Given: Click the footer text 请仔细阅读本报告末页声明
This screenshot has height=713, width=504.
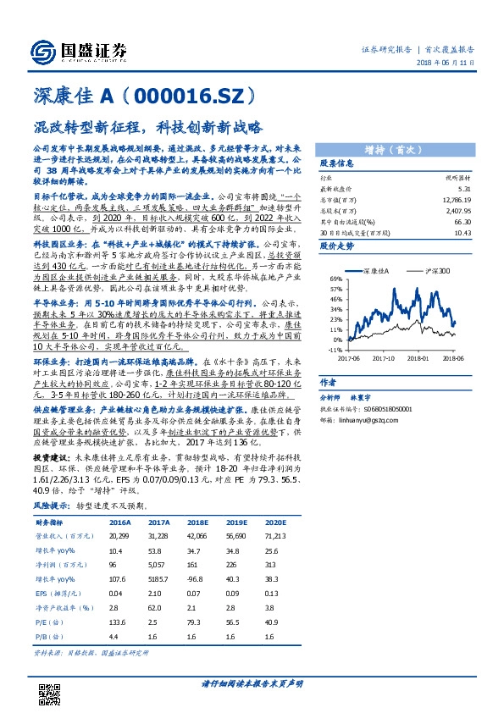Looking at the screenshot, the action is tap(252, 683).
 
